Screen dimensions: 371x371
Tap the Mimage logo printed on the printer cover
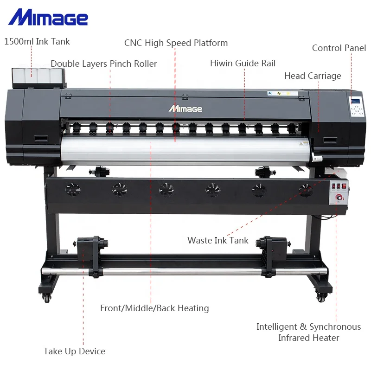pyautogui.click(x=185, y=109)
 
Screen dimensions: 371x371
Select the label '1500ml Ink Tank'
pyautogui.click(x=37, y=42)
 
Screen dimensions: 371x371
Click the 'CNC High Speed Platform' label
pyautogui.click(x=176, y=43)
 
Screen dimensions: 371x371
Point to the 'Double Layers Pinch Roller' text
pyautogui.click(x=103, y=64)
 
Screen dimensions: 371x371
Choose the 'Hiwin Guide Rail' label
pyautogui.click(x=243, y=64)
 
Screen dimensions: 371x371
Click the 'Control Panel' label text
pyautogui.click(x=339, y=48)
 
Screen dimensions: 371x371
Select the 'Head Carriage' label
pyautogui.click(x=313, y=76)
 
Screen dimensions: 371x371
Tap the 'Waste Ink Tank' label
pyautogui.click(x=217, y=241)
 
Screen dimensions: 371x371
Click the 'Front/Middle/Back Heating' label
pyautogui.click(x=154, y=308)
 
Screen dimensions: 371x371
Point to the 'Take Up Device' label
pyautogui.click(x=74, y=352)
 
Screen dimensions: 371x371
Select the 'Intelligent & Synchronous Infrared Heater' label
pyautogui.click(x=308, y=333)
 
